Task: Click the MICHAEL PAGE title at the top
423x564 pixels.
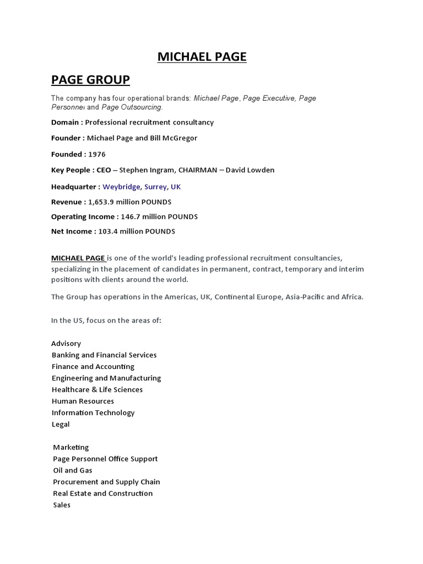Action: click(x=202, y=56)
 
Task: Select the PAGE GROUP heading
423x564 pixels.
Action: click(x=90, y=80)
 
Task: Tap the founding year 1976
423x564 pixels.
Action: click(x=97, y=154)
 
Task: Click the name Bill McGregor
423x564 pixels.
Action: click(x=173, y=138)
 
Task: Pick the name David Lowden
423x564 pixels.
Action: click(x=250, y=170)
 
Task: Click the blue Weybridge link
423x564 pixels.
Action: click(x=121, y=187)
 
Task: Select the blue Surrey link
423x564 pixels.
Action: click(x=155, y=187)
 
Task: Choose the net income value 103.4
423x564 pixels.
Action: click(x=107, y=231)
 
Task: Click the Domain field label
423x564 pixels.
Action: click(x=67, y=122)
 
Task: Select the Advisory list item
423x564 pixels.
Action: click(x=66, y=343)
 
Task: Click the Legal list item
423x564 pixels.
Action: click(x=61, y=424)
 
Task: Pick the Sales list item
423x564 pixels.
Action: click(x=62, y=505)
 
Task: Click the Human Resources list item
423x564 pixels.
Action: click(x=83, y=401)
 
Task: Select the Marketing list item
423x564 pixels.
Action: click(x=70, y=447)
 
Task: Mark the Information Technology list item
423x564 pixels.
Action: click(x=93, y=413)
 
